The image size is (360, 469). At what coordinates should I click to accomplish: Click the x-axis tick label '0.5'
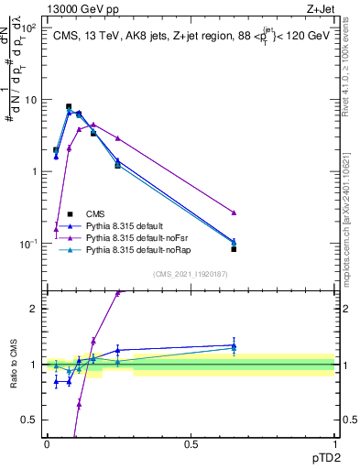click(x=191, y=443)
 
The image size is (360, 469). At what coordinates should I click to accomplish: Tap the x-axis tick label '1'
click(x=334, y=443)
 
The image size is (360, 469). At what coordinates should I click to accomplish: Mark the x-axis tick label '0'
click(x=47, y=443)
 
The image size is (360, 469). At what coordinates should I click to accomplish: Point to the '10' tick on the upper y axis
click(x=29, y=100)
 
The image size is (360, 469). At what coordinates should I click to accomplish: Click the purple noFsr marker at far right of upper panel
click(x=234, y=213)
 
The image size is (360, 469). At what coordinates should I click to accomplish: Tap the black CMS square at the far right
click(x=234, y=249)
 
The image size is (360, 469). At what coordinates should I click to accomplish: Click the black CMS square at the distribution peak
click(x=69, y=106)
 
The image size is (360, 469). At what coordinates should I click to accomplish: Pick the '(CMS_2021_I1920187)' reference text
click(x=190, y=274)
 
